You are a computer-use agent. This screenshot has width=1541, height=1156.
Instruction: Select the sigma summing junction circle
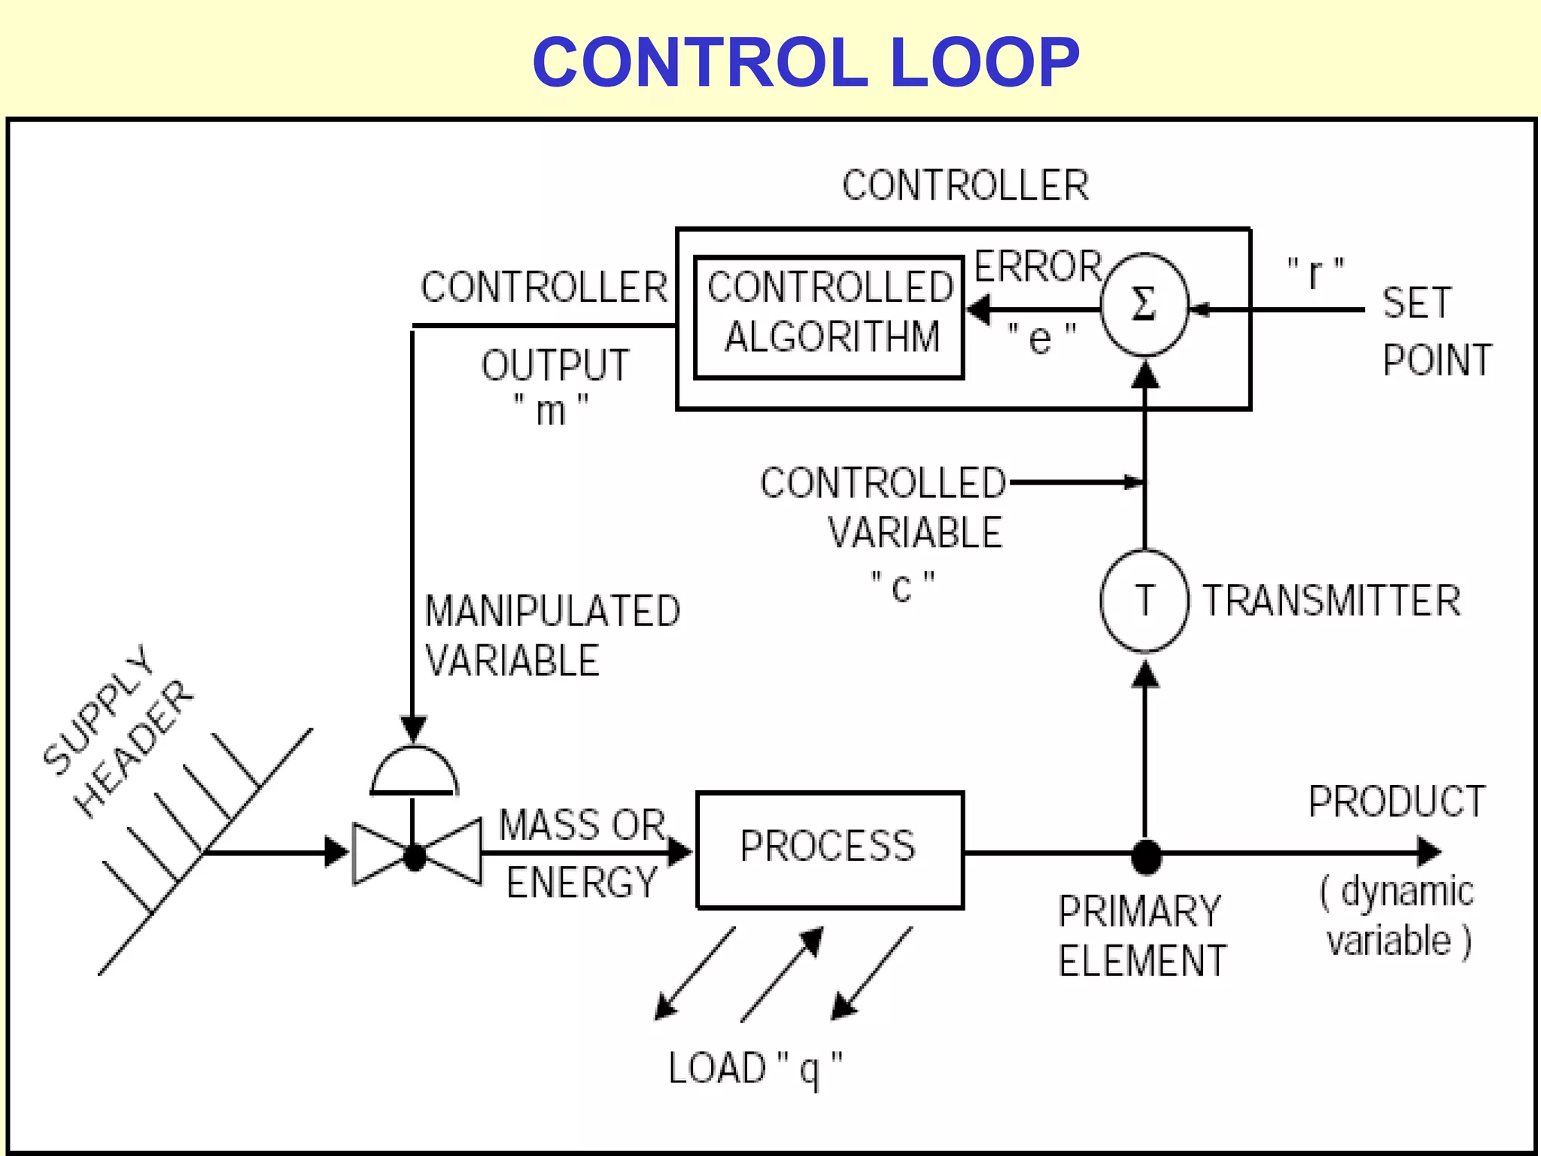(x=1144, y=306)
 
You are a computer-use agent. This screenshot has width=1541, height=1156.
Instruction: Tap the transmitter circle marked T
(x=1144, y=601)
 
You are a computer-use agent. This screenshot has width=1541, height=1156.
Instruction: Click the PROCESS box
(x=829, y=850)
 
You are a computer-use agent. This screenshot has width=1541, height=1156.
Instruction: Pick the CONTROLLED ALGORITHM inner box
(x=828, y=317)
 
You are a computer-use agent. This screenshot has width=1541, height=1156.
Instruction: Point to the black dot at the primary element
(x=1145, y=856)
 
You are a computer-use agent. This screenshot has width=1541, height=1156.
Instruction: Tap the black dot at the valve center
(x=415, y=856)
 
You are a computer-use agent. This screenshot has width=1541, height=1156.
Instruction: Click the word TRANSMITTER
(x=1331, y=601)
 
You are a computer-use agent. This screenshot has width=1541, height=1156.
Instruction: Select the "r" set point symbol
(x=1315, y=273)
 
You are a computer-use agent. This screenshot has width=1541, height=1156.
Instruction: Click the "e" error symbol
(x=1041, y=338)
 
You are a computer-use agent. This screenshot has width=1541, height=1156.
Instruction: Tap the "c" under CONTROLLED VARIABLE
(x=901, y=587)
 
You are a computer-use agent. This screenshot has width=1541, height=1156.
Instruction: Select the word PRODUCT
(x=1397, y=802)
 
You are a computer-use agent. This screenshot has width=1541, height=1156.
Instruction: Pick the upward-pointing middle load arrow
(x=783, y=974)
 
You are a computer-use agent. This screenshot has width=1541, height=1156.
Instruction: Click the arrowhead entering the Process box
(x=681, y=853)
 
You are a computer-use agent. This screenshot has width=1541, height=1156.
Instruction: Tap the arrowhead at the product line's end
(x=1429, y=852)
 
